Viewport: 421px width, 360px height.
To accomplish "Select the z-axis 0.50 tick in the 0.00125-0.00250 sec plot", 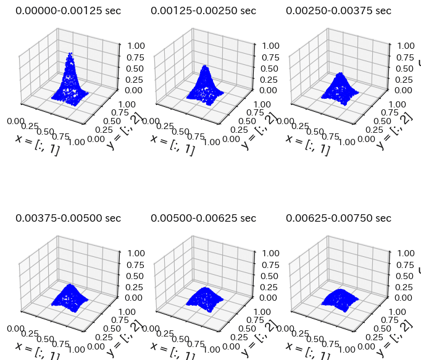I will (269, 68).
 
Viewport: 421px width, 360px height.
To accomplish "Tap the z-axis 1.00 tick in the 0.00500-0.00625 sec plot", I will (269, 253).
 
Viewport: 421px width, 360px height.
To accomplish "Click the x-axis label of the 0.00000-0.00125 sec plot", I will (37, 144).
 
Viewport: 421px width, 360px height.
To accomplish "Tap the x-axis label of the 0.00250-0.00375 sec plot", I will (307, 144).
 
